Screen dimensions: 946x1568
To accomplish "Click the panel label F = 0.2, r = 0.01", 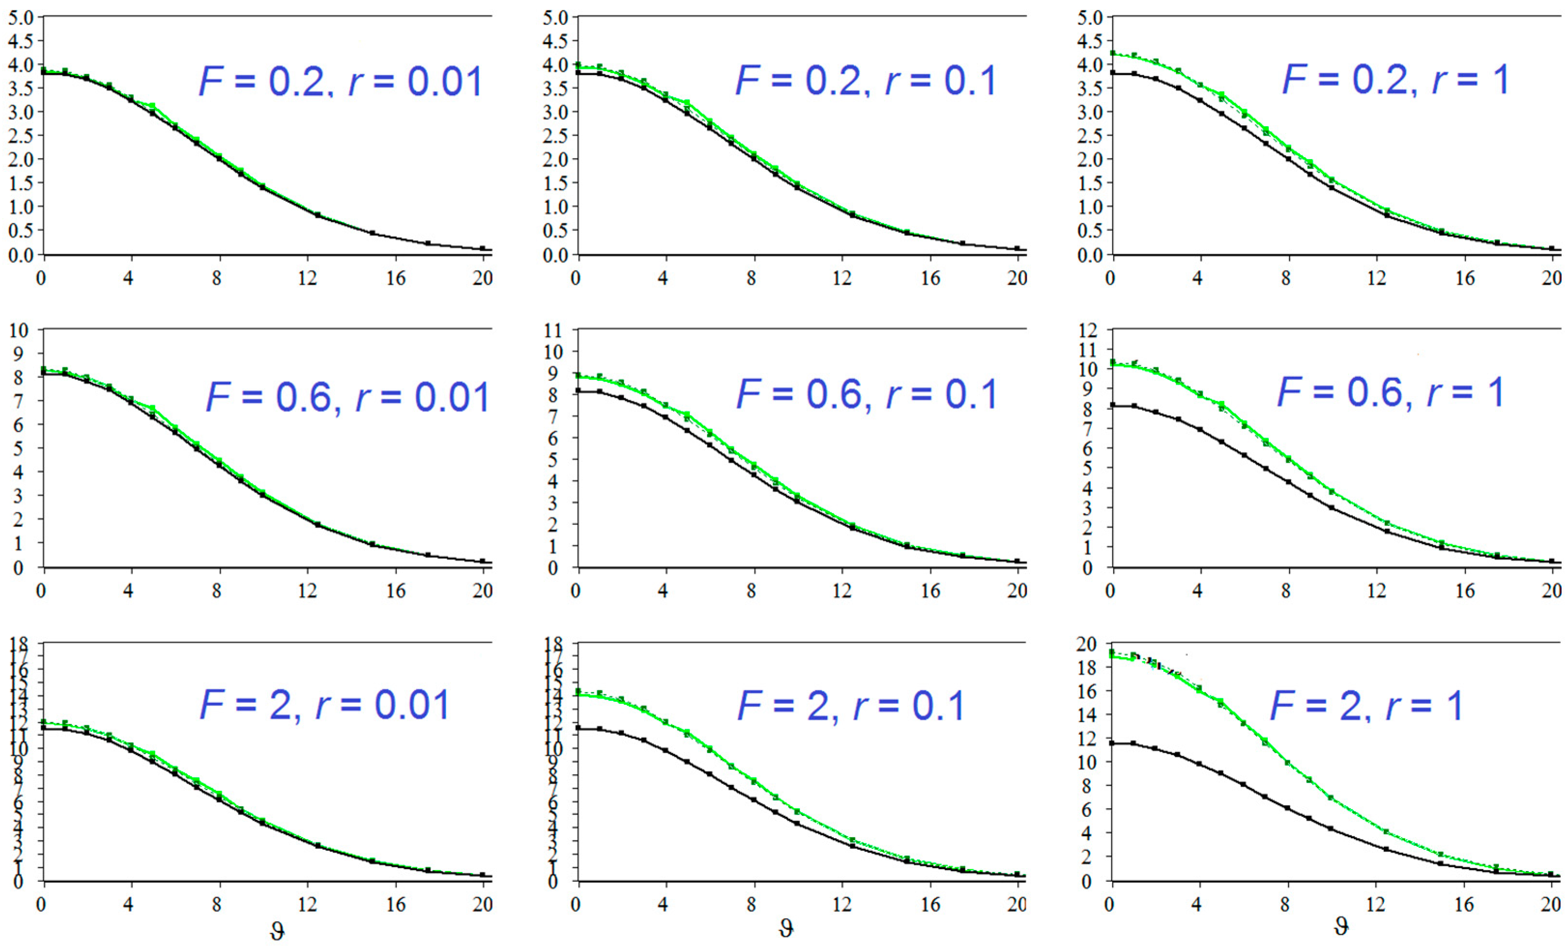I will tap(340, 82).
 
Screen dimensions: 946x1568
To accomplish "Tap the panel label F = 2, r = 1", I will tap(1366, 705).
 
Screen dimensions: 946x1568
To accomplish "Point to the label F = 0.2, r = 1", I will tap(1395, 80).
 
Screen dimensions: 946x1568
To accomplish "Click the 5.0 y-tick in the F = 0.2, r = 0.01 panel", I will tap(20, 17).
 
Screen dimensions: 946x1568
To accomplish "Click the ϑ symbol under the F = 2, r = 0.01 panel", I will tap(277, 931).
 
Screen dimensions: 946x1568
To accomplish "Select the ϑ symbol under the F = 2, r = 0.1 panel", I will tap(786, 929).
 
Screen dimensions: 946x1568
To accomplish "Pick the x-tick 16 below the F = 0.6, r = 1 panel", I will tap(1465, 591).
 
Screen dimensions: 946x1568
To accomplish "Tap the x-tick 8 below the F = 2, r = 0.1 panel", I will tap(751, 904).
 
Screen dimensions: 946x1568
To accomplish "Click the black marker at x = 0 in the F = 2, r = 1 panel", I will tap(1112, 743).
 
